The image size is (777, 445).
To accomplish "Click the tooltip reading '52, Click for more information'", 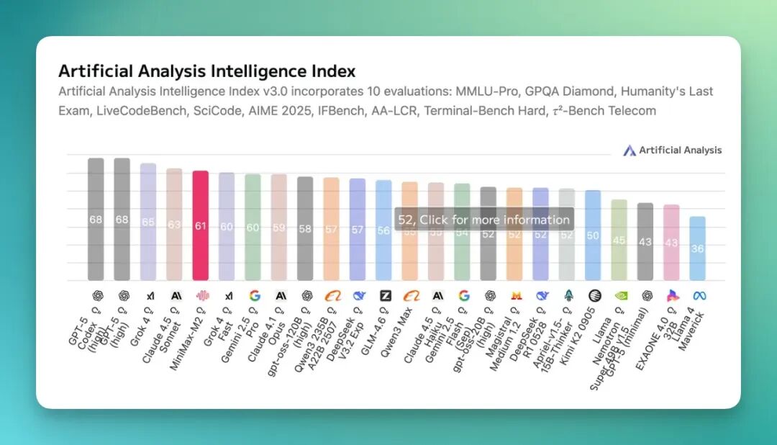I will (483, 220).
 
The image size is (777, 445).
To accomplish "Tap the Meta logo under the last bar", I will (697, 295).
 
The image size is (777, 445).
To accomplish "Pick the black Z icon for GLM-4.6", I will (385, 295).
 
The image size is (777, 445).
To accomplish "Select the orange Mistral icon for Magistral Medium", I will (514, 295).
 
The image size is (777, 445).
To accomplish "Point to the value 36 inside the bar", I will (697, 248).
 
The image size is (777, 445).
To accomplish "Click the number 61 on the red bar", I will (201, 226).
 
